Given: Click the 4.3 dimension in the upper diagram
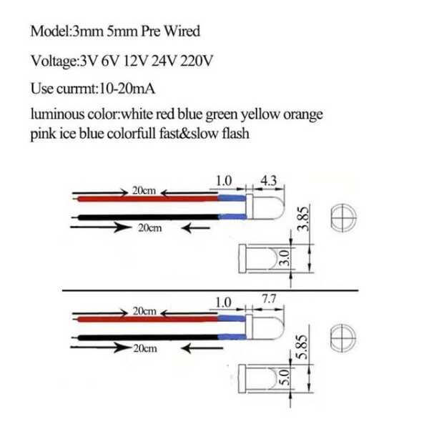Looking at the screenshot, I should tap(269, 182).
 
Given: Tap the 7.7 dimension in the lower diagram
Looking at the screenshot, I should tap(270, 300).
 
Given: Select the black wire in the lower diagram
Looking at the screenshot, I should tap(143, 336).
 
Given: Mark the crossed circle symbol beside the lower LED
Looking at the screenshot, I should tap(344, 337).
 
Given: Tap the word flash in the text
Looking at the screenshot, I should tap(235, 134).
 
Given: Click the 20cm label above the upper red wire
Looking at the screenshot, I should tap(144, 191).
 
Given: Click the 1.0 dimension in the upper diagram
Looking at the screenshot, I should tap(224, 182).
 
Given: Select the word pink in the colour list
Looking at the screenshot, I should tap(44, 134).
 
